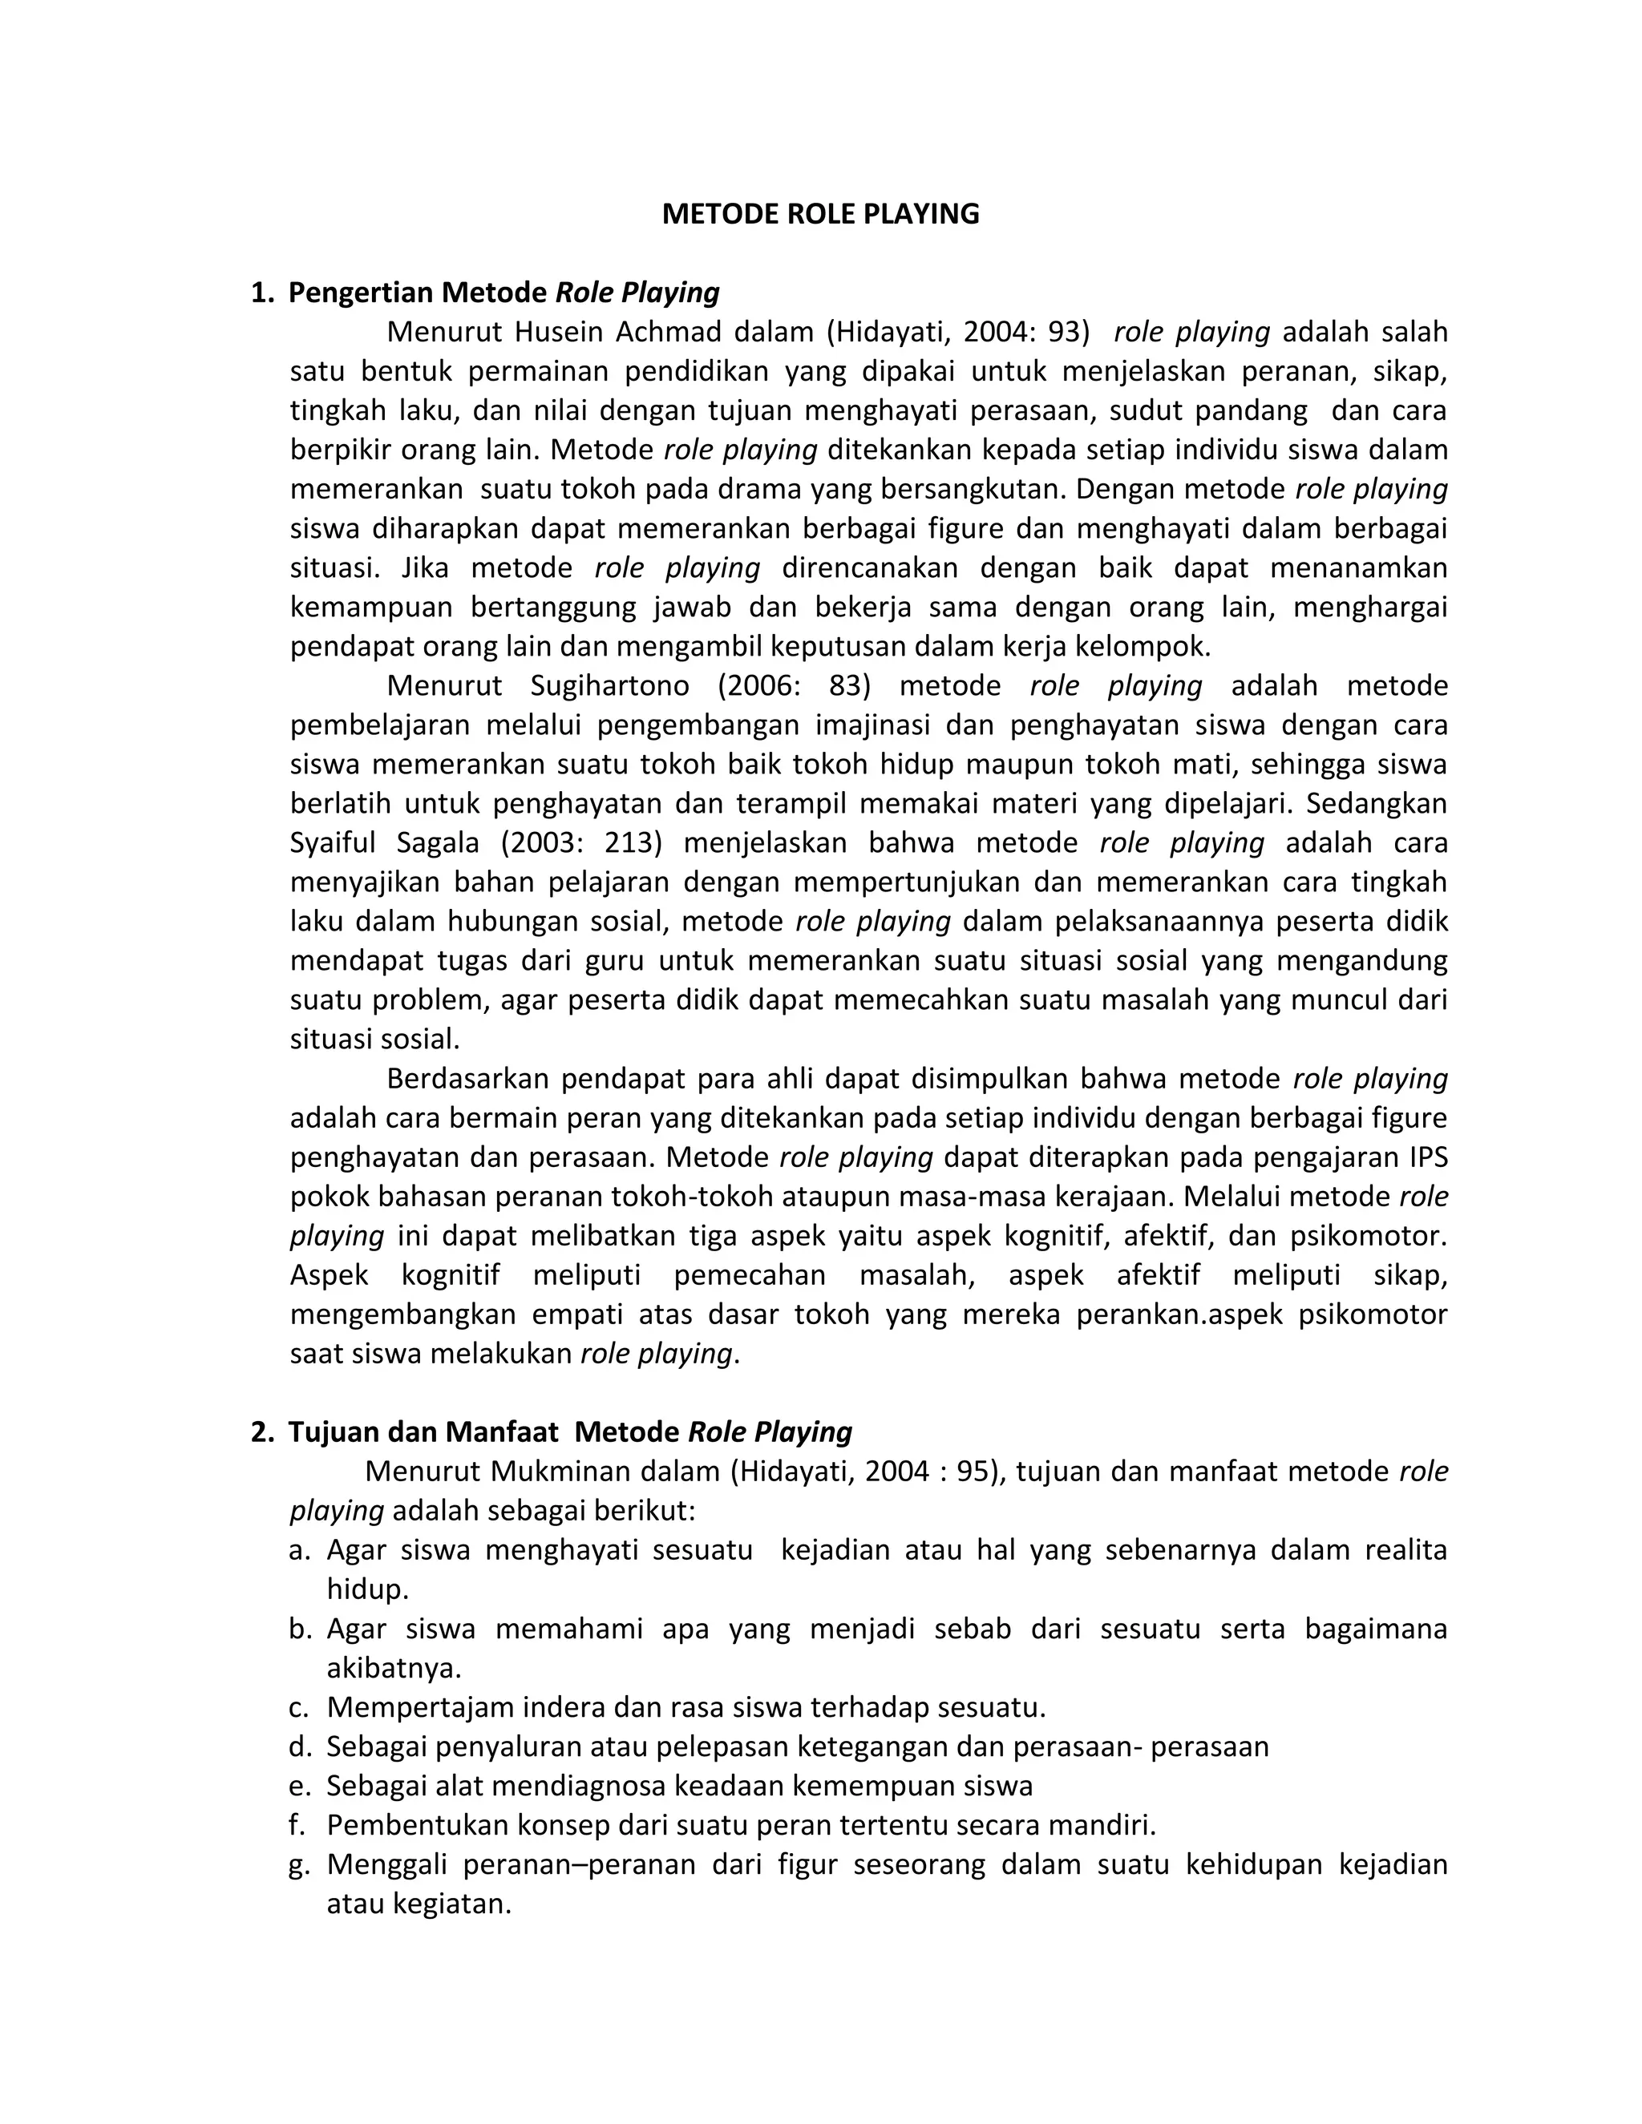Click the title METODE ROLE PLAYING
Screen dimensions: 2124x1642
pos(820,214)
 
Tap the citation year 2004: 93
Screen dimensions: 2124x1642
pos(1021,333)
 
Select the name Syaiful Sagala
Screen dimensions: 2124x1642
pos(384,842)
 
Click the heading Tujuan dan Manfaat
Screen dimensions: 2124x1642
pos(423,1431)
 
